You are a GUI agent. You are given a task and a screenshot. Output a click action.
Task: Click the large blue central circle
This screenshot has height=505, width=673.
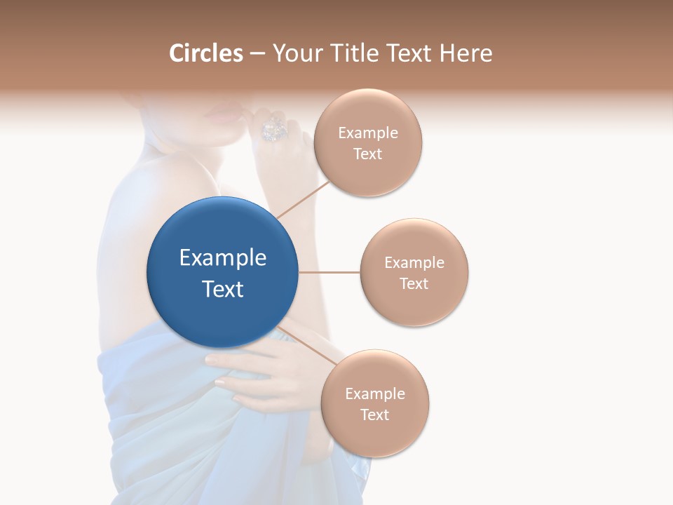click(x=223, y=272)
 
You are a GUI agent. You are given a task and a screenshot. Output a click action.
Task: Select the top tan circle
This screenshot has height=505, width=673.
click(x=367, y=142)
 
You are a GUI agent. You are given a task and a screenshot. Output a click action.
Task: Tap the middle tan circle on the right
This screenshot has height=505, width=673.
click(x=414, y=272)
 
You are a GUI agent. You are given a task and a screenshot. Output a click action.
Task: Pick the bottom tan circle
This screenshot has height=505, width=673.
click(x=374, y=403)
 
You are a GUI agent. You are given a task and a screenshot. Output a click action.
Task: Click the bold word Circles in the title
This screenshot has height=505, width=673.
click(x=206, y=53)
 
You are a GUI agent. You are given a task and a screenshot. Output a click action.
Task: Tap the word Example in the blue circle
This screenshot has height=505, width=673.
click(x=223, y=258)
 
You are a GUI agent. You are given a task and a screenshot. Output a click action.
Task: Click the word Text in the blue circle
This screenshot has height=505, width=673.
click(x=223, y=289)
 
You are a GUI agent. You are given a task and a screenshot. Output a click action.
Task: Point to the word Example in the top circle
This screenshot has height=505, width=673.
click(x=368, y=133)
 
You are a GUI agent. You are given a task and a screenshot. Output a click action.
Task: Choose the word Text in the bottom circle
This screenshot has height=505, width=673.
click(x=374, y=415)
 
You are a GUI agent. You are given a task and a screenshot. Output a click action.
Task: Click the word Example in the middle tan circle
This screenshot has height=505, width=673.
click(x=414, y=262)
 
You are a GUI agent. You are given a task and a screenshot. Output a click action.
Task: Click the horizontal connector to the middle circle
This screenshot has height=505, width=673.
click(x=329, y=272)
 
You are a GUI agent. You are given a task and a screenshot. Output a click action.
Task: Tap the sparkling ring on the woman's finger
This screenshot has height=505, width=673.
click(x=272, y=129)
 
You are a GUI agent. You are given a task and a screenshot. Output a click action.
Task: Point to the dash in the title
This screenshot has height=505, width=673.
click(x=257, y=54)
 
